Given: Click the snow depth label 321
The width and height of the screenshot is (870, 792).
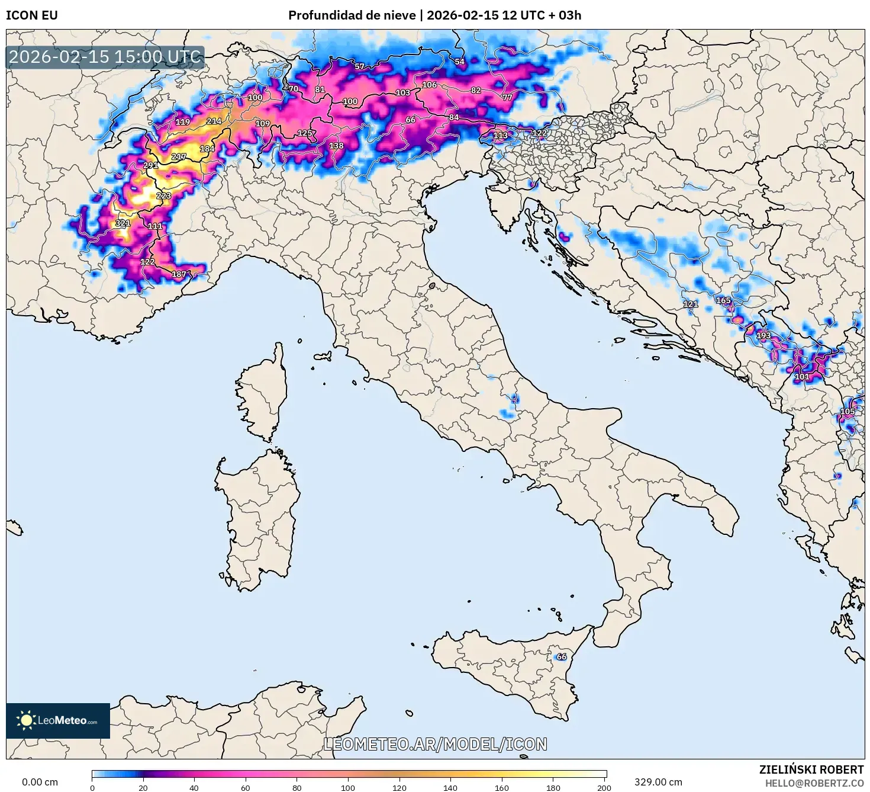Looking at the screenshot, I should coord(123,223).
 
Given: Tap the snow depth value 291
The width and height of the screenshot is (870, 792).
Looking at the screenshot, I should coord(151,165).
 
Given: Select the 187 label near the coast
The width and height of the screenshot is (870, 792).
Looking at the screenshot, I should coord(179,274).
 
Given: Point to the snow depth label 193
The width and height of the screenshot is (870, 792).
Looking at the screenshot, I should coord(763,335).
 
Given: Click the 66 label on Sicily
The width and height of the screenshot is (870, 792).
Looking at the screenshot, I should coord(562,656).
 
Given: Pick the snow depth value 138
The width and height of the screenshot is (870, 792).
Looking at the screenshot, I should coord(336,146).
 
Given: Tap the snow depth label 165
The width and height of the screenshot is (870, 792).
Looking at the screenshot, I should coord(723,300).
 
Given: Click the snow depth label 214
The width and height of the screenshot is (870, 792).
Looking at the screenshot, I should coord(214,121).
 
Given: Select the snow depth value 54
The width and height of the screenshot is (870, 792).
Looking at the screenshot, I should coord(460,62).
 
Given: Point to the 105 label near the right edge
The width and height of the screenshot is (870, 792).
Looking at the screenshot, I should coord(848,411).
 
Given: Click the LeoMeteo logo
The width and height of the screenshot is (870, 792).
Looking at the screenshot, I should coord(58,720).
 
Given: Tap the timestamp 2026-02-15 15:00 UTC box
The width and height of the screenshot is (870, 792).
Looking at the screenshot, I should coord(105,57).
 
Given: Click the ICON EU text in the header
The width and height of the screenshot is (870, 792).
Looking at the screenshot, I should coord(32,15).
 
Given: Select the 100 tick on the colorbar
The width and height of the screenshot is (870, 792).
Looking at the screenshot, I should coord(348,787).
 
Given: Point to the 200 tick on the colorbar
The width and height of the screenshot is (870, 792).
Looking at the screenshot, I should coord(604,787).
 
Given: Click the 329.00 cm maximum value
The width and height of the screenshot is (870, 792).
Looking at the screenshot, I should coord(658,782).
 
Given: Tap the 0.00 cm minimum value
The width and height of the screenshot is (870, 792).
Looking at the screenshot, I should coord(40,782).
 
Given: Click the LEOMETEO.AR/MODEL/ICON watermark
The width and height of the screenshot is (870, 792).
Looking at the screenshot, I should coord(435,744).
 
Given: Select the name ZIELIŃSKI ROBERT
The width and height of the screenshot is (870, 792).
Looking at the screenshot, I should coord(811,769).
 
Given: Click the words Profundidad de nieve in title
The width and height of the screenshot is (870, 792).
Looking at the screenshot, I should coord(352,15).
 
